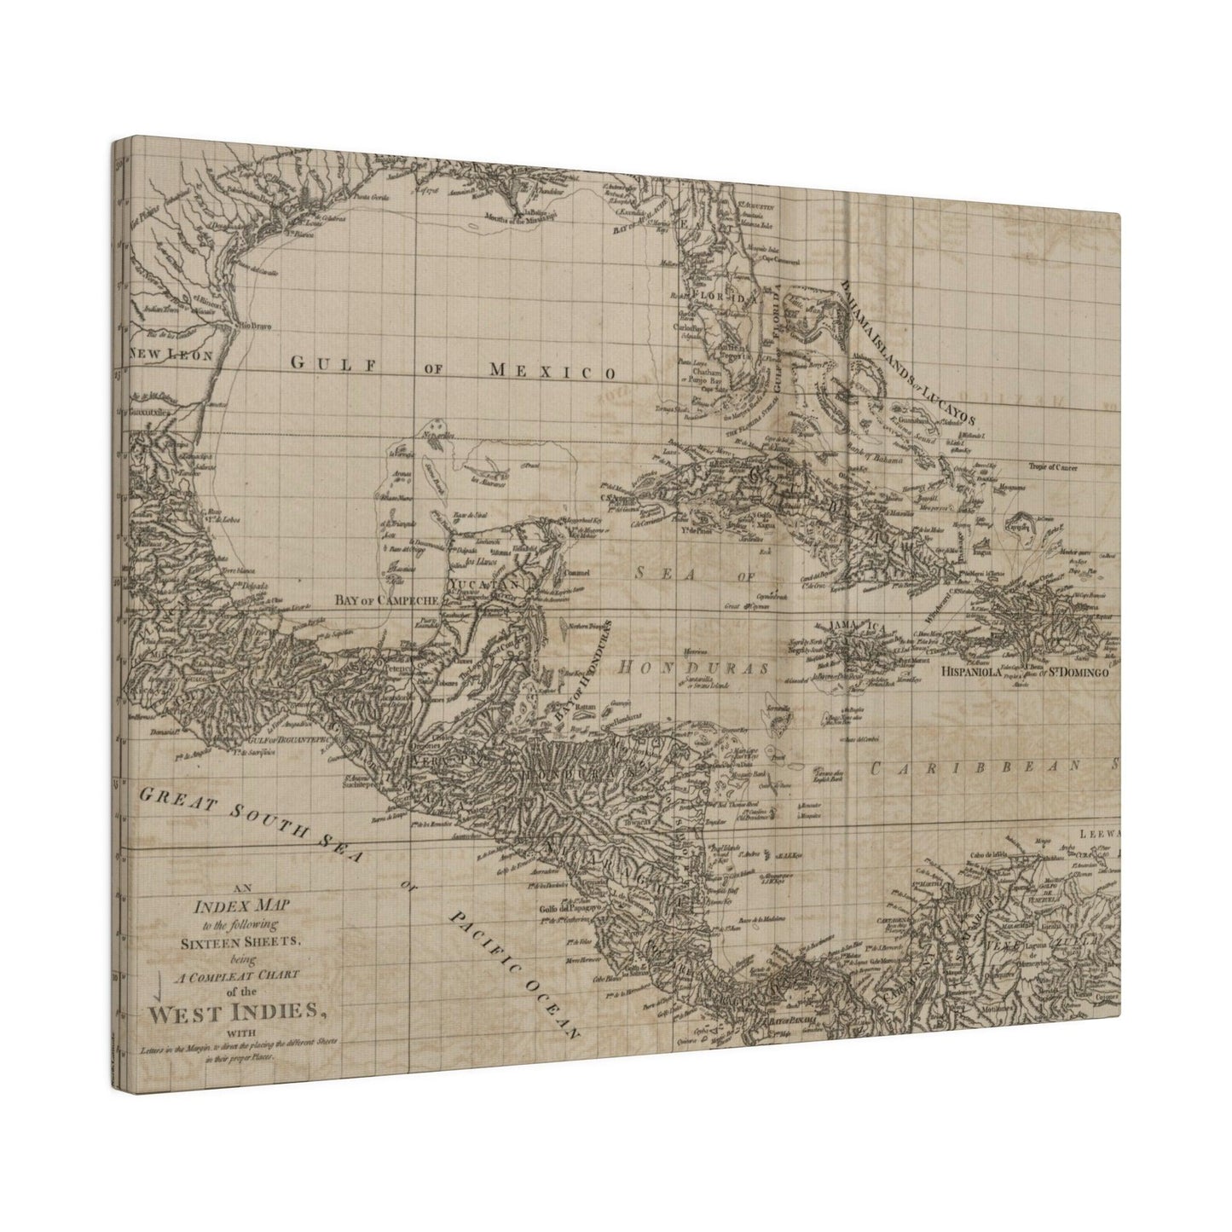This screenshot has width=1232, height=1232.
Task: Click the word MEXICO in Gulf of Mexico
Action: tap(552, 370)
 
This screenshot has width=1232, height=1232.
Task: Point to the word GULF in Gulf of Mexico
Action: tap(323, 362)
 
